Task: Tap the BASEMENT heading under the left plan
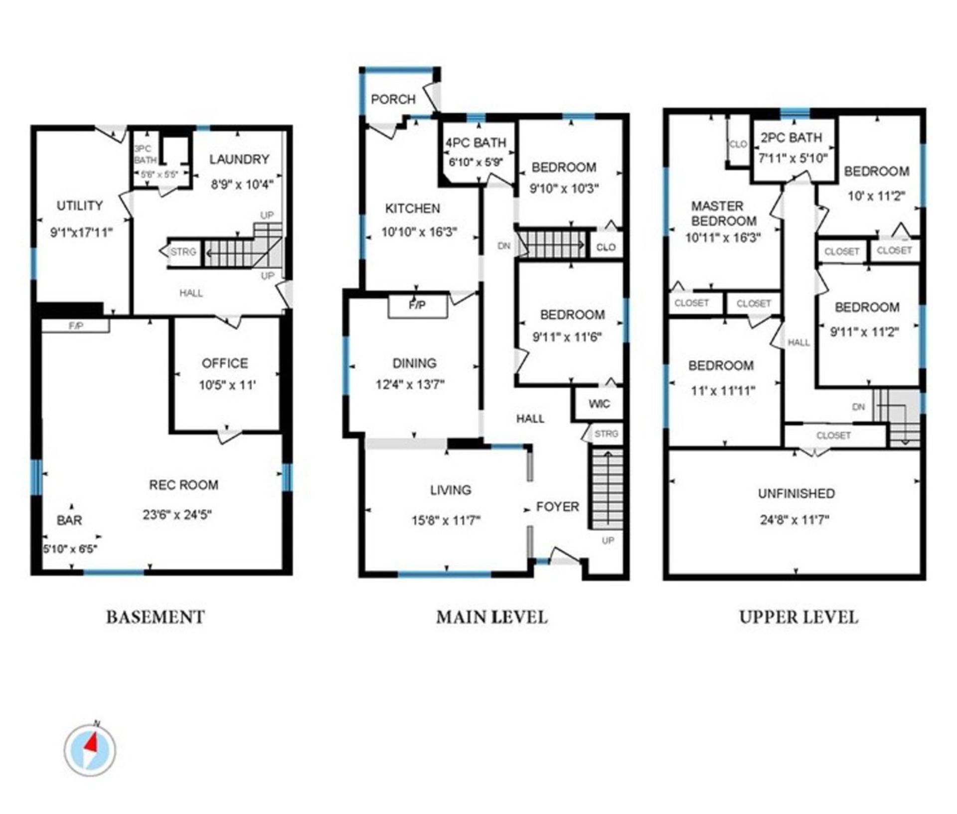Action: [155, 617]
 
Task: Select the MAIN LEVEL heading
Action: [492, 617]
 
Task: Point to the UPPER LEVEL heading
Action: [798, 617]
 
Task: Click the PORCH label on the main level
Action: [393, 99]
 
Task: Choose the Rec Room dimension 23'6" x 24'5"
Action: [177, 514]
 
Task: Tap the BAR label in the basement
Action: [69, 520]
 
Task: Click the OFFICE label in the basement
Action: [225, 363]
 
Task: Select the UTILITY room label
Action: [80, 205]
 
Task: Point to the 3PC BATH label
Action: [146, 154]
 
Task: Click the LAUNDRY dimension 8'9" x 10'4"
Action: [242, 185]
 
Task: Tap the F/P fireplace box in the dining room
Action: [418, 305]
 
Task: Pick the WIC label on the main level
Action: [599, 404]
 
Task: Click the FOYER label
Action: [558, 507]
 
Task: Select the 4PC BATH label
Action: [476, 143]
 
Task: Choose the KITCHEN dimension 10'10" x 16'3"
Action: [419, 232]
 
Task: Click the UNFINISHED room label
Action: [797, 493]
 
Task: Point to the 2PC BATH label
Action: [792, 137]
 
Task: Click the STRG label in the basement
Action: [183, 252]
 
